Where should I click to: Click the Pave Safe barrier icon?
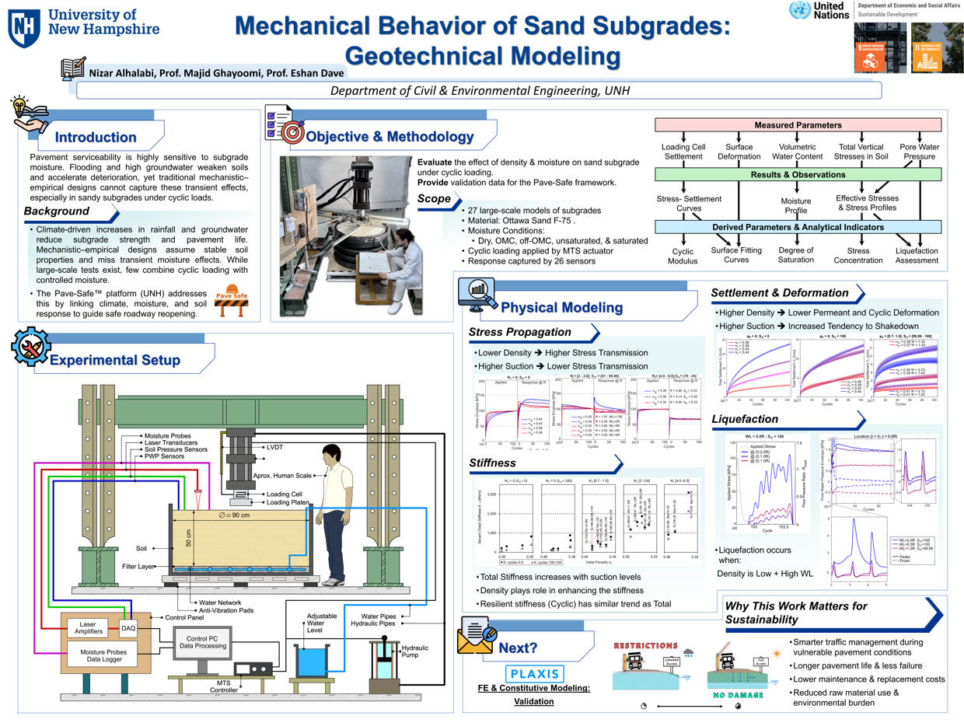[233, 304]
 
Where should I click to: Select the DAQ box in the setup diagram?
[128, 627]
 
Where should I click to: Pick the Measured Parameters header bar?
[798, 125]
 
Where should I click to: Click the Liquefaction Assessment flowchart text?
[917, 255]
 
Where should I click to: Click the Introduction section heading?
[95, 138]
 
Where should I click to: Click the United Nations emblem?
[798, 11]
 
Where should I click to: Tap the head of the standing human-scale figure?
[333, 454]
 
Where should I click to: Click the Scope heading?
[434, 199]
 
